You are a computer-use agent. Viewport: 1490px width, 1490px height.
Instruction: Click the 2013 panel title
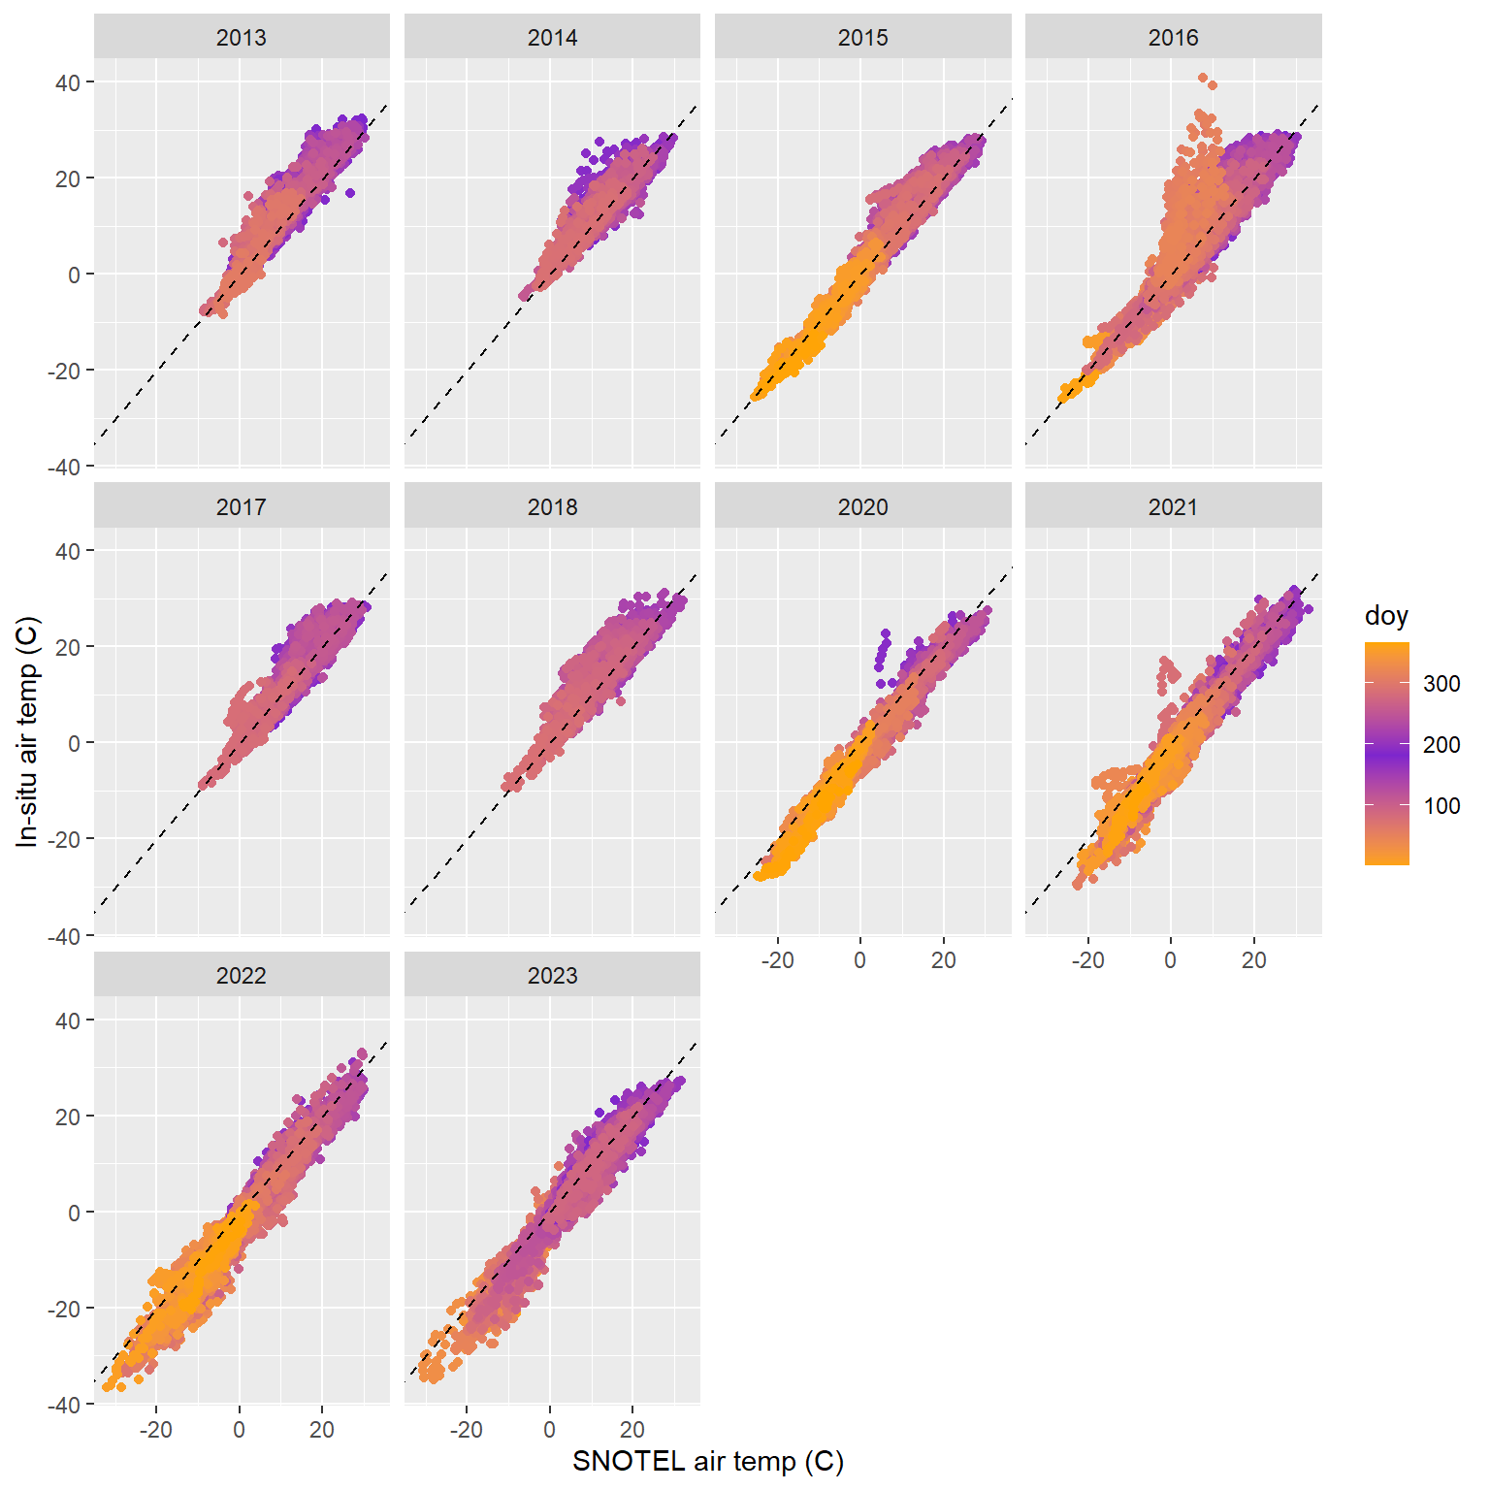pos(242,38)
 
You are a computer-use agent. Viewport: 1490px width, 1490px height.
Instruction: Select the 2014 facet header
pos(552,38)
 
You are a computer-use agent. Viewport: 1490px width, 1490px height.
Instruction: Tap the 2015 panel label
pos(862,38)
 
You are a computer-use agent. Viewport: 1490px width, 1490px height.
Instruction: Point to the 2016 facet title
pos(1173,38)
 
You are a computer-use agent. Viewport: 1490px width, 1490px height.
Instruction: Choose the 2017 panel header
pos(242,506)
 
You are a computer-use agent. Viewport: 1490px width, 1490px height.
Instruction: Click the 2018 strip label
pos(552,506)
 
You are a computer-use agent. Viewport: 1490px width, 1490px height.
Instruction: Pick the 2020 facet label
pos(862,506)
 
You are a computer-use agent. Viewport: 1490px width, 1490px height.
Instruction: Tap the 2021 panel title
pos(1173,506)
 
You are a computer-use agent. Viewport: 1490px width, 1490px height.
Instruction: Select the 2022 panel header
pos(242,975)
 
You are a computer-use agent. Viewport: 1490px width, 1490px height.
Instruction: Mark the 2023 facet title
pos(552,975)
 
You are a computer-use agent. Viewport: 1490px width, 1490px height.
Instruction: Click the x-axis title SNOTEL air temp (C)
pos(707,1461)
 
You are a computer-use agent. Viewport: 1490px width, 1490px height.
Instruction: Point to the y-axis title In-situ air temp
pos(27,731)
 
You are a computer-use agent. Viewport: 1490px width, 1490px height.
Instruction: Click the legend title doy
pos(1385,616)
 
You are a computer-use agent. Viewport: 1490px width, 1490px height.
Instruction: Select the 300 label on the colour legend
pos(1441,684)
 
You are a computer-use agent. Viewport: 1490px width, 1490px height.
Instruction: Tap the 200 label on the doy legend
pos(1441,745)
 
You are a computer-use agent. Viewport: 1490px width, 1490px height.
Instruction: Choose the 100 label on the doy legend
pos(1441,806)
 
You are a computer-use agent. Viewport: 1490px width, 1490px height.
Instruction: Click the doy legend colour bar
pos(1386,753)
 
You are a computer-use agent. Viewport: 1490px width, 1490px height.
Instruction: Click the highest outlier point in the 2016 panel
pos(1203,78)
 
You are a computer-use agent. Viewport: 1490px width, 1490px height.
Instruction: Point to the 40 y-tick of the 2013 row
pos(68,82)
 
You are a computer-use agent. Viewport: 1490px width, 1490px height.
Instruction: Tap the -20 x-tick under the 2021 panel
pos(1087,960)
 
